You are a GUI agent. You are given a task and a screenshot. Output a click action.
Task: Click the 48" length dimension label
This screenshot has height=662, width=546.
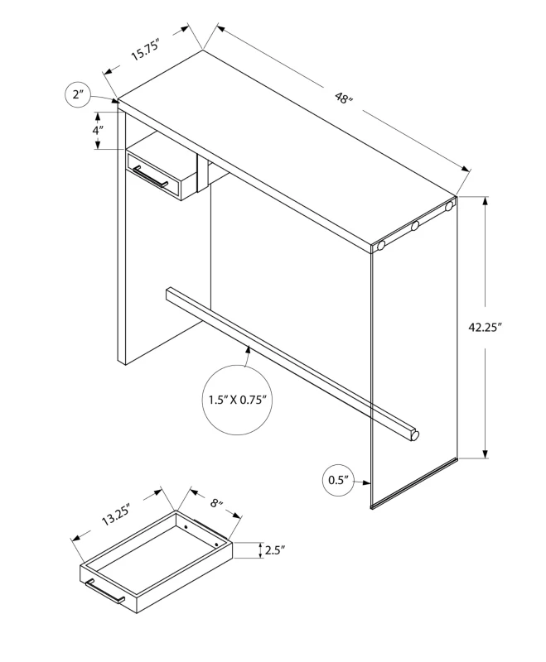pos(344,98)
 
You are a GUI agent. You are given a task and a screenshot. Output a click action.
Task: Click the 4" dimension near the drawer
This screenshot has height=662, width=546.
pos(98,131)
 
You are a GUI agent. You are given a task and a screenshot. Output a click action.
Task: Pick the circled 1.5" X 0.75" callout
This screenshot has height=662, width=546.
pos(236,401)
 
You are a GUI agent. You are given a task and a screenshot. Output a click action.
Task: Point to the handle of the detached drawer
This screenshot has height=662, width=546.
pos(104,592)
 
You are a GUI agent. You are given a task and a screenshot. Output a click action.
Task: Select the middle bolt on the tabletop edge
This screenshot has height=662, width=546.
pos(414,227)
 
